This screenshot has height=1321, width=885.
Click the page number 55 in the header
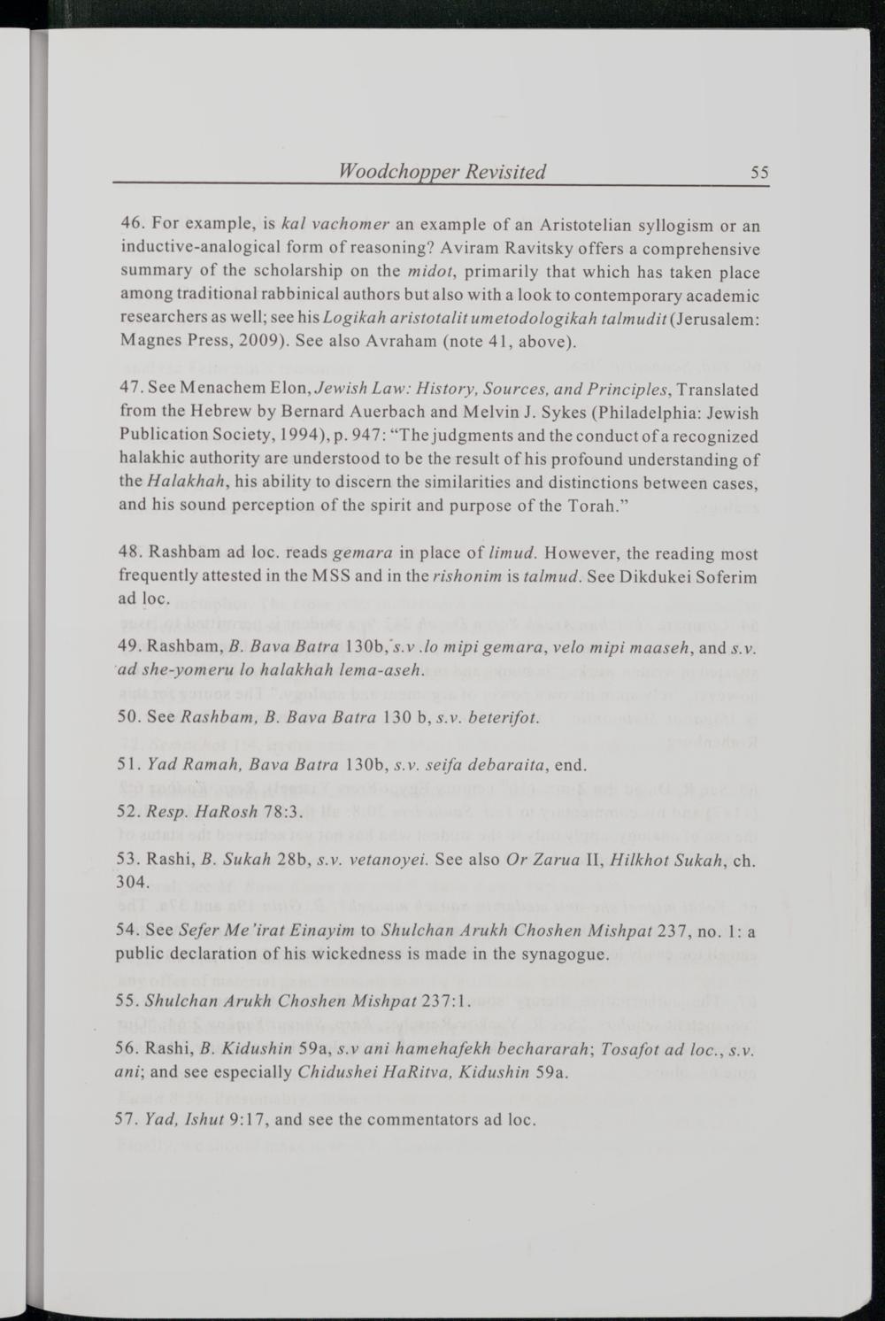click(x=758, y=173)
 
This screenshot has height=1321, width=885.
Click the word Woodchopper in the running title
click(x=385, y=172)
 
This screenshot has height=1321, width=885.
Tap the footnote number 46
click(x=132, y=226)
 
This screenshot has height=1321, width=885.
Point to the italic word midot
click(x=431, y=272)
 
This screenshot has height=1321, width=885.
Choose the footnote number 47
click(x=131, y=390)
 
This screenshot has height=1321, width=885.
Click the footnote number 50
click(x=131, y=716)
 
